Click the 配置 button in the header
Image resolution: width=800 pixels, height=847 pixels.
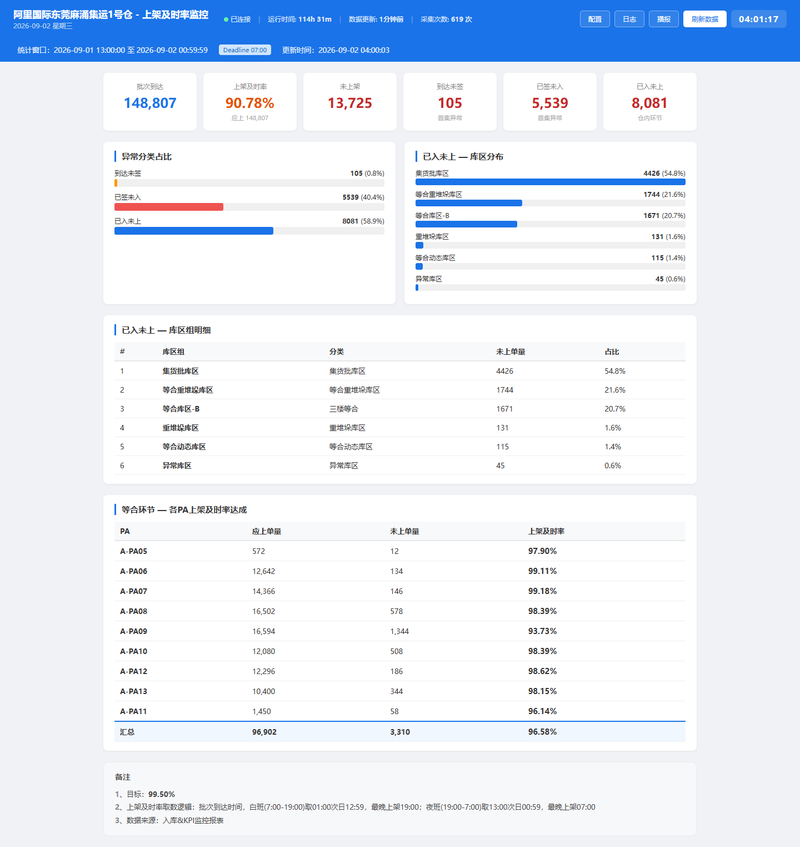pos(595,19)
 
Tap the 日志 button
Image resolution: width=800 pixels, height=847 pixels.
pos(629,19)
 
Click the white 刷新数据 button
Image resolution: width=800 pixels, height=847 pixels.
pos(705,19)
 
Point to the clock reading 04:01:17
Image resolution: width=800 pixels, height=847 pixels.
pos(759,19)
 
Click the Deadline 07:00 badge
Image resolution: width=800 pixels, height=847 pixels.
pos(245,50)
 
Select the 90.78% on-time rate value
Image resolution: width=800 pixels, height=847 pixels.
pos(250,103)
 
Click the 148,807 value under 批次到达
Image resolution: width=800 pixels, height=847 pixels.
pos(150,103)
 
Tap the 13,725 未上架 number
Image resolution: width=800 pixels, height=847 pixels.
pos(350,103)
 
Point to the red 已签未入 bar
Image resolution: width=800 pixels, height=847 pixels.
pos(169,207)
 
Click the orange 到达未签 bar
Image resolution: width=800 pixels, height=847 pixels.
pos(116,183)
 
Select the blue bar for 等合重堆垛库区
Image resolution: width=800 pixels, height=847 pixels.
pos(469,203)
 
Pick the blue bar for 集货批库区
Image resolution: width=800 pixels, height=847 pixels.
pos(551,182)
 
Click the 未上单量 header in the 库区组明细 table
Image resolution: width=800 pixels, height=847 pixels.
pos(511,351)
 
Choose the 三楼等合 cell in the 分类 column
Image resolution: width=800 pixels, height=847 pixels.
pos(344,409)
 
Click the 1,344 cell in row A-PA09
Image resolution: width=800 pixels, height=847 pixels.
pos(400,631)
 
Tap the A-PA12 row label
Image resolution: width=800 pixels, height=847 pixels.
pos(134,671)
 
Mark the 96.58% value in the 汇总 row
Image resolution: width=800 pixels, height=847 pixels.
pos(542,732)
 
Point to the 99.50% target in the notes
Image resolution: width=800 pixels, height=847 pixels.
pos(162,794)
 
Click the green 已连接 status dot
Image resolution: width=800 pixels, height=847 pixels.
pos(226,19)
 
